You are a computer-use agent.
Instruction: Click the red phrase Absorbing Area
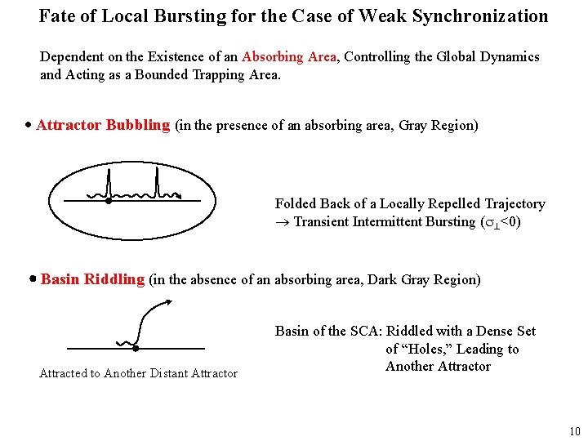coord(289,57)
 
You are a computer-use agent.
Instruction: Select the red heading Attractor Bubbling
coord(103,126)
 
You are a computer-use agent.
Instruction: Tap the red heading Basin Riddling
coord(92,280)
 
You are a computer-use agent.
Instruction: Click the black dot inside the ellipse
coord(107,200)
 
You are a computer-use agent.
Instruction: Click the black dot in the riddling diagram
coord(136,348)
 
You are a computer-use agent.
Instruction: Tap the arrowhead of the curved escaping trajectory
coord(168,301)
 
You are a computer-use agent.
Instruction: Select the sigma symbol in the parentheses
coord(490,222)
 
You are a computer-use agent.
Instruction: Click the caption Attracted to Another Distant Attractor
coord(139,374)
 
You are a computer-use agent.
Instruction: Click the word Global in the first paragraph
coord(461,57)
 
